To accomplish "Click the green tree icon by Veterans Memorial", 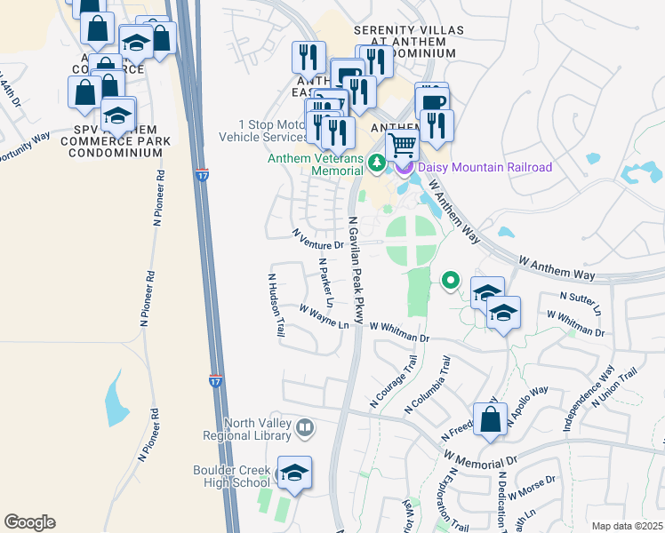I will coord(376,163).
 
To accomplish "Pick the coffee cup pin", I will coord(432,100).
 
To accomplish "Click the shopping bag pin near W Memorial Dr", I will coord(490,419).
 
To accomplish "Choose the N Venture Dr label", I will coord(318,238).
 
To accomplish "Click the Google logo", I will coord(30,522).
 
